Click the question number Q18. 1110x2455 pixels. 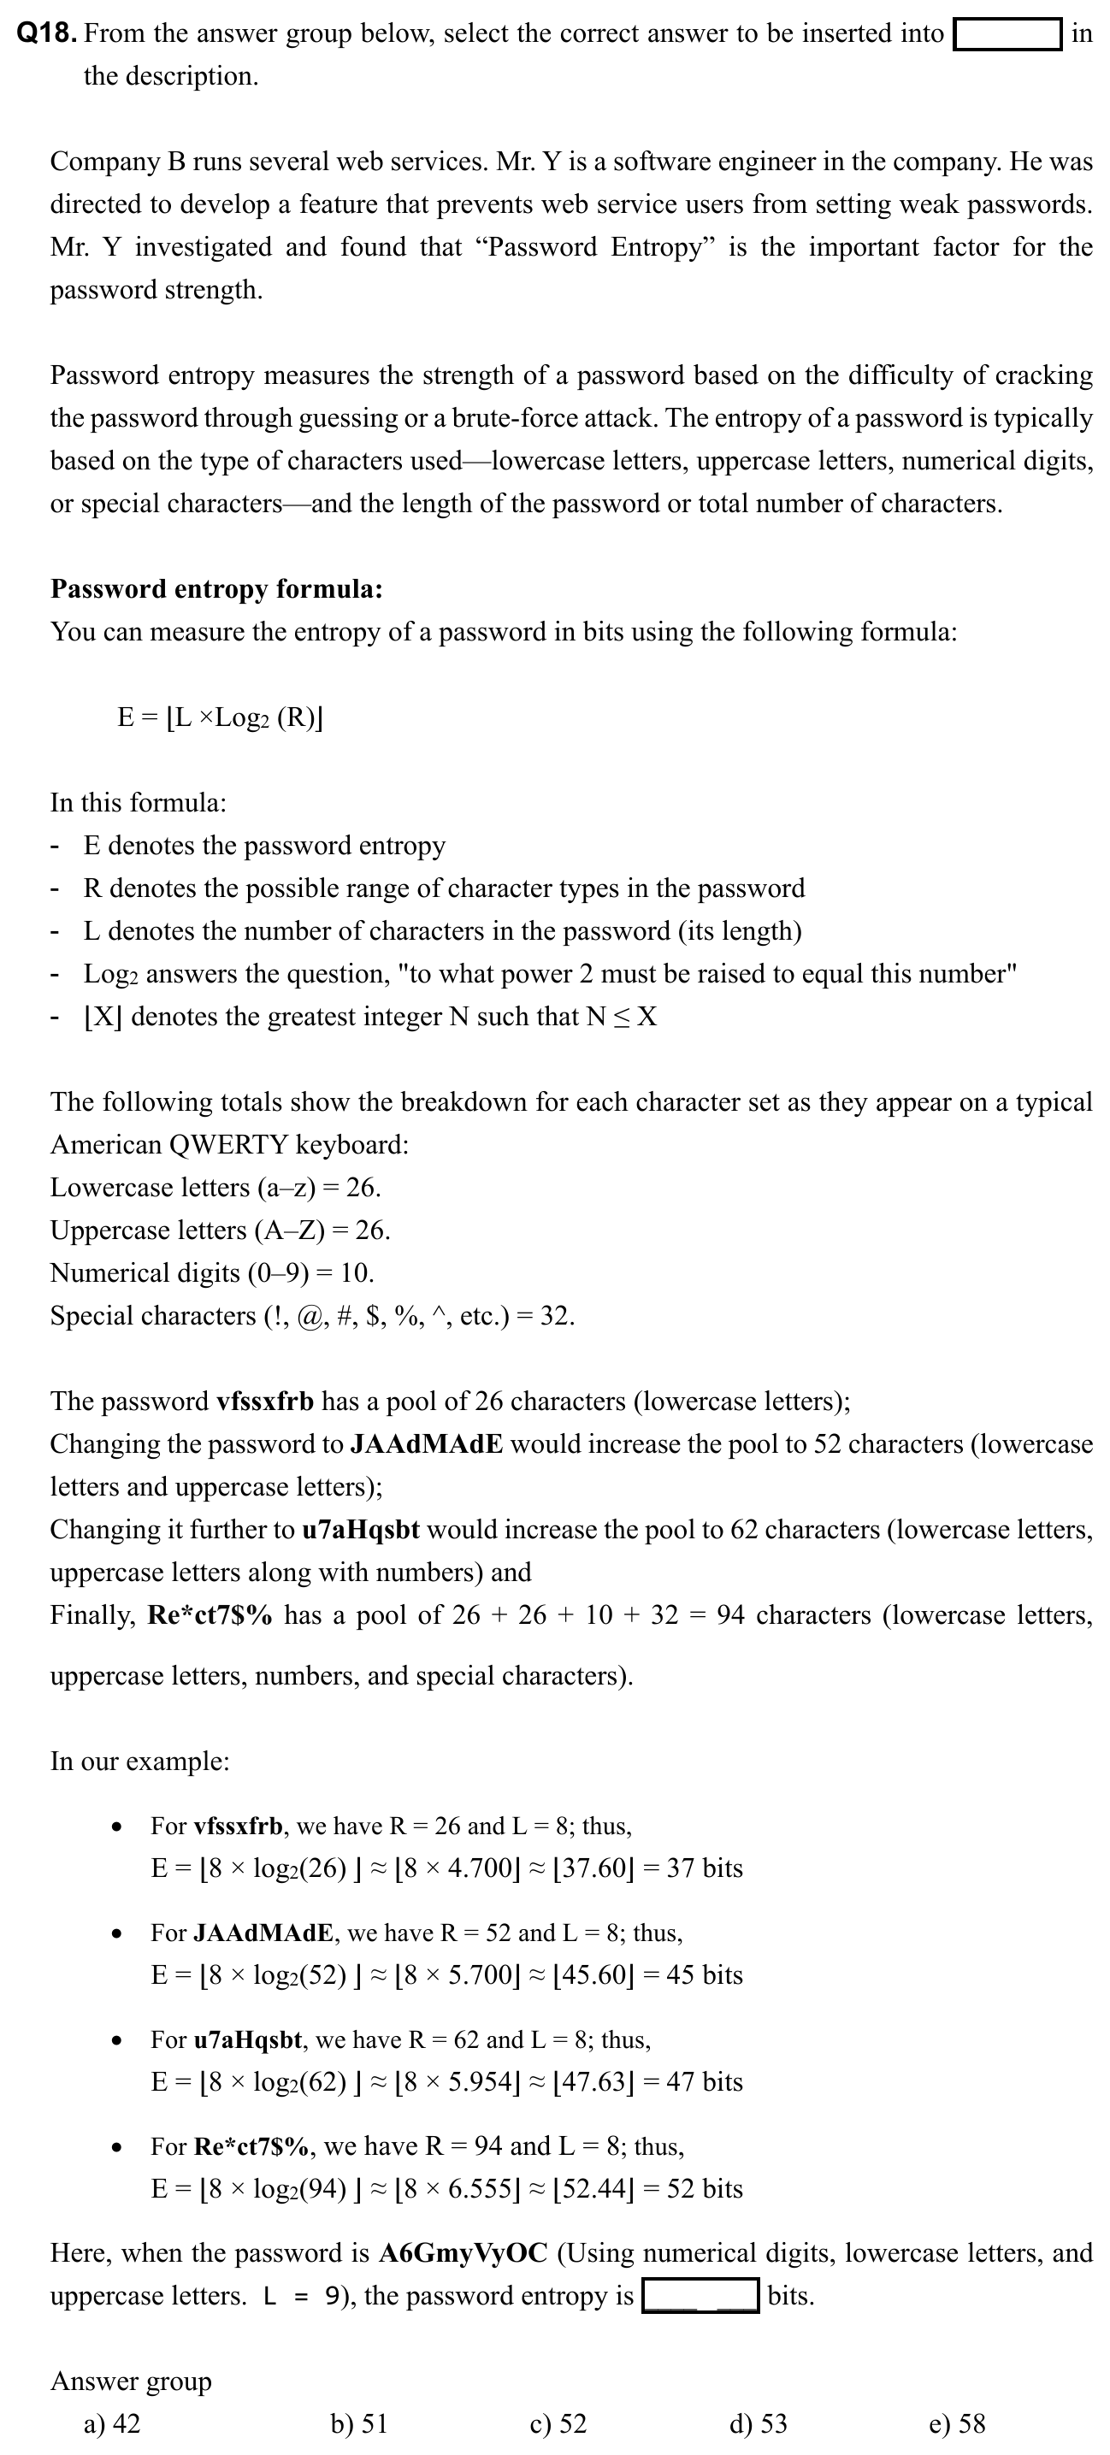(47, 34)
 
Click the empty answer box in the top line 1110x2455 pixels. (1008, 35)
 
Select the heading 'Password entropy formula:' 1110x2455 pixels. (216, 589)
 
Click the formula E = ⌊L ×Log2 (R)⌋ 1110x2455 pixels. (220, 717)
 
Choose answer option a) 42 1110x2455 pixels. (111, 2423)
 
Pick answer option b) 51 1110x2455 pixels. (358, 2423)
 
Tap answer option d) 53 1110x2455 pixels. (758, 2423)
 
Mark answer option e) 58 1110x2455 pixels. (957, 2423)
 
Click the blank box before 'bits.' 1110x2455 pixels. (700, 2295)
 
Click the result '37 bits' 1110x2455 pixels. (704, 1868)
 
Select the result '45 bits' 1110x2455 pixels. (704, 1974)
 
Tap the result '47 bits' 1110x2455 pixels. (704, 2081)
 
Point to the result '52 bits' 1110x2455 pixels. (704, 2188)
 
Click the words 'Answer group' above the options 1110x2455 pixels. (131, 2381)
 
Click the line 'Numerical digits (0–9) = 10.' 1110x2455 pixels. (212, 1273)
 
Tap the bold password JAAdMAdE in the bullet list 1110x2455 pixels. (264, 1933)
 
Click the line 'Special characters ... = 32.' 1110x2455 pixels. (312, 1316)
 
